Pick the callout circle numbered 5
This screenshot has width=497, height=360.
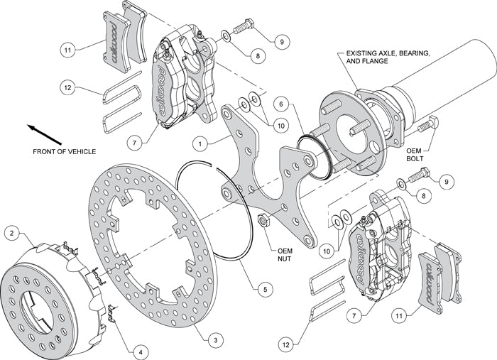263,289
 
